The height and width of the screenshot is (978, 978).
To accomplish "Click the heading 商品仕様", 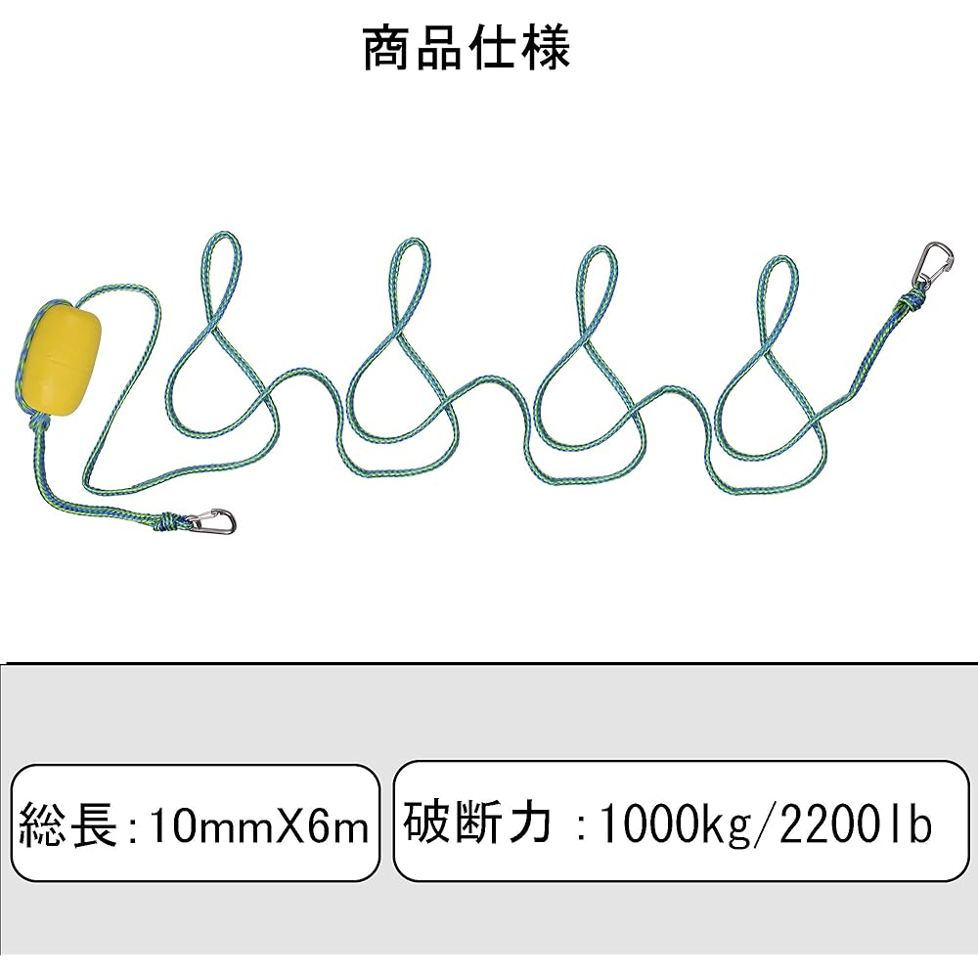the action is pyautogui.click(x=466, y=48).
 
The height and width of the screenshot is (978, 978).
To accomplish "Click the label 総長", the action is pyautogui.click(x=68, y=825).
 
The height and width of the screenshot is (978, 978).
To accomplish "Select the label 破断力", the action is pyautogui.click(x=477, y=823).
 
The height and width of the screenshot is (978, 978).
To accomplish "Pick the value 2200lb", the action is pyautogui.click(x=856, y=823).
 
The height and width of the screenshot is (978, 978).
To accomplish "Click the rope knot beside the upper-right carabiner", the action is pyautogui.click(x=911, y=302).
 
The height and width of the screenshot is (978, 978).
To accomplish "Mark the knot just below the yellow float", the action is pyautogui.click(x=40, y=424).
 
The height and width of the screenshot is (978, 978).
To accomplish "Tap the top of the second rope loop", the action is pyautogui.click(x=411, y=243).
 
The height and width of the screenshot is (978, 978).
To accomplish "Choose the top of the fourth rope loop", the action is pyautogui.click(x=778, y=259).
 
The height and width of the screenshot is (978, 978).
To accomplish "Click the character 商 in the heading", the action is pyautogui.click(x=386, y=48).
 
